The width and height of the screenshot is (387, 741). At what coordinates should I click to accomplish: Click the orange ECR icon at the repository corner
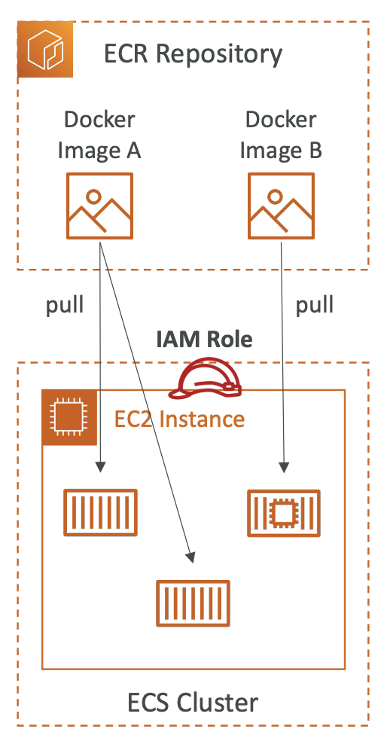(45, 49)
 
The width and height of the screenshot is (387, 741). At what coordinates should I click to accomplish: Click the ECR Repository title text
(193, 53)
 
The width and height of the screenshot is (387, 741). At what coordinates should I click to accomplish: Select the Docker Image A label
(99, 135)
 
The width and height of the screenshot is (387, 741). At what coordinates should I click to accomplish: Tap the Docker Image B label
(281, 135)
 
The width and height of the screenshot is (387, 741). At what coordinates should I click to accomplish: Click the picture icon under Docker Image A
(99, 206)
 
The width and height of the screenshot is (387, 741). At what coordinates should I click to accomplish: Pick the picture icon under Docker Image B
(281, 206)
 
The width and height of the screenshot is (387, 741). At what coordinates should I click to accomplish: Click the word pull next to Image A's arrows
(65, 305)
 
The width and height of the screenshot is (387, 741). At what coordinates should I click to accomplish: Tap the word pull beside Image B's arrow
(315, 305)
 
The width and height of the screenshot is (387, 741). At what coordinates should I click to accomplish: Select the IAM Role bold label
(205, 340)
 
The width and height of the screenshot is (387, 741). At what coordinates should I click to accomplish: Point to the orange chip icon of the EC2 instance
(69, 417)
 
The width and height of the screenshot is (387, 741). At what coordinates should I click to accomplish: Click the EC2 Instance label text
(179, 419)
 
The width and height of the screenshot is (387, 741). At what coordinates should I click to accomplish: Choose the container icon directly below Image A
(100, 512)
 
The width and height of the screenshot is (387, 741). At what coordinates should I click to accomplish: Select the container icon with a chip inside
(284, 514)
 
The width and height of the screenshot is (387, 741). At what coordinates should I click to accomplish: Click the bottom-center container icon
(193, 603)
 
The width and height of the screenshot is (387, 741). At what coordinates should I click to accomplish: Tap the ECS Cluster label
(193, 703)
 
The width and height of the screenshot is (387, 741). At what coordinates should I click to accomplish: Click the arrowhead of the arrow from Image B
(284, 468)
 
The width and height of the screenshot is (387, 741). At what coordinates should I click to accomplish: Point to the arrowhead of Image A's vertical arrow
(100, 467)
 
